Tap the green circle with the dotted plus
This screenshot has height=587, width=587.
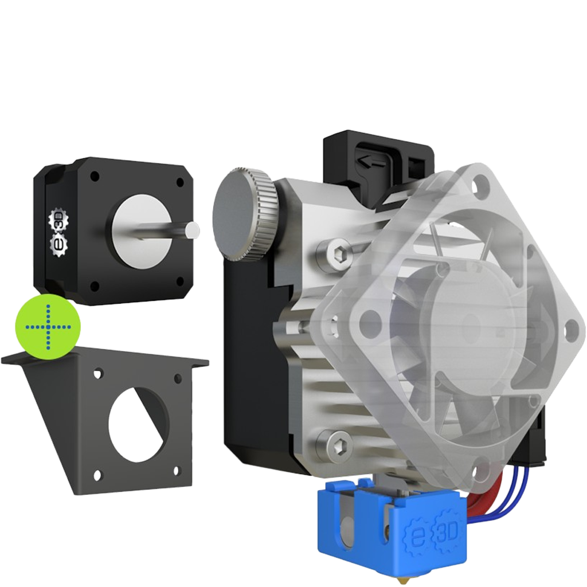pos(49,327)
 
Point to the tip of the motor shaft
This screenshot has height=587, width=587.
pos(193,230)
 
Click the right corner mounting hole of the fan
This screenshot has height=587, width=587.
pos(571,328)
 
